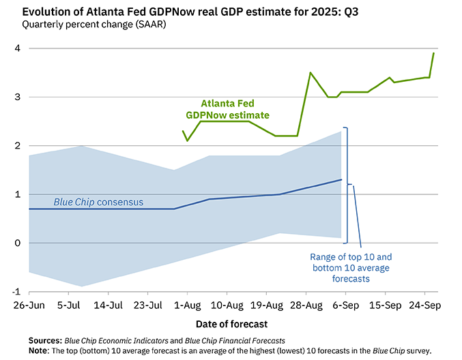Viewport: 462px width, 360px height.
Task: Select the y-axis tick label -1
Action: coord(15,291)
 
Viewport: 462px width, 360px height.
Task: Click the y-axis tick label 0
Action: coord(17,243)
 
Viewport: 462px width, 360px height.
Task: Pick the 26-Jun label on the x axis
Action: coord(28,305)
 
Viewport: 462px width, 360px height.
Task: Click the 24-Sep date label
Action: coord(423,305)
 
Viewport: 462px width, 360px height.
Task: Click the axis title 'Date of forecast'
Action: coord(231,323)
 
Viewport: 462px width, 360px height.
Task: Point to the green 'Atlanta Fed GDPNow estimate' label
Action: coord(228,109)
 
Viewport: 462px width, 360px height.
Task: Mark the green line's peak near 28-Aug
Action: coord(311,72)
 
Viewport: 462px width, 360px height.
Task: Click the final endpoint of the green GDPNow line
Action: coord(435,53)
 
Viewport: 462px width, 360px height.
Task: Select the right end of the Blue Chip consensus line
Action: coord(341,180)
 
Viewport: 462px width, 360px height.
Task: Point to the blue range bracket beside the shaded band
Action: coord(347,184)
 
